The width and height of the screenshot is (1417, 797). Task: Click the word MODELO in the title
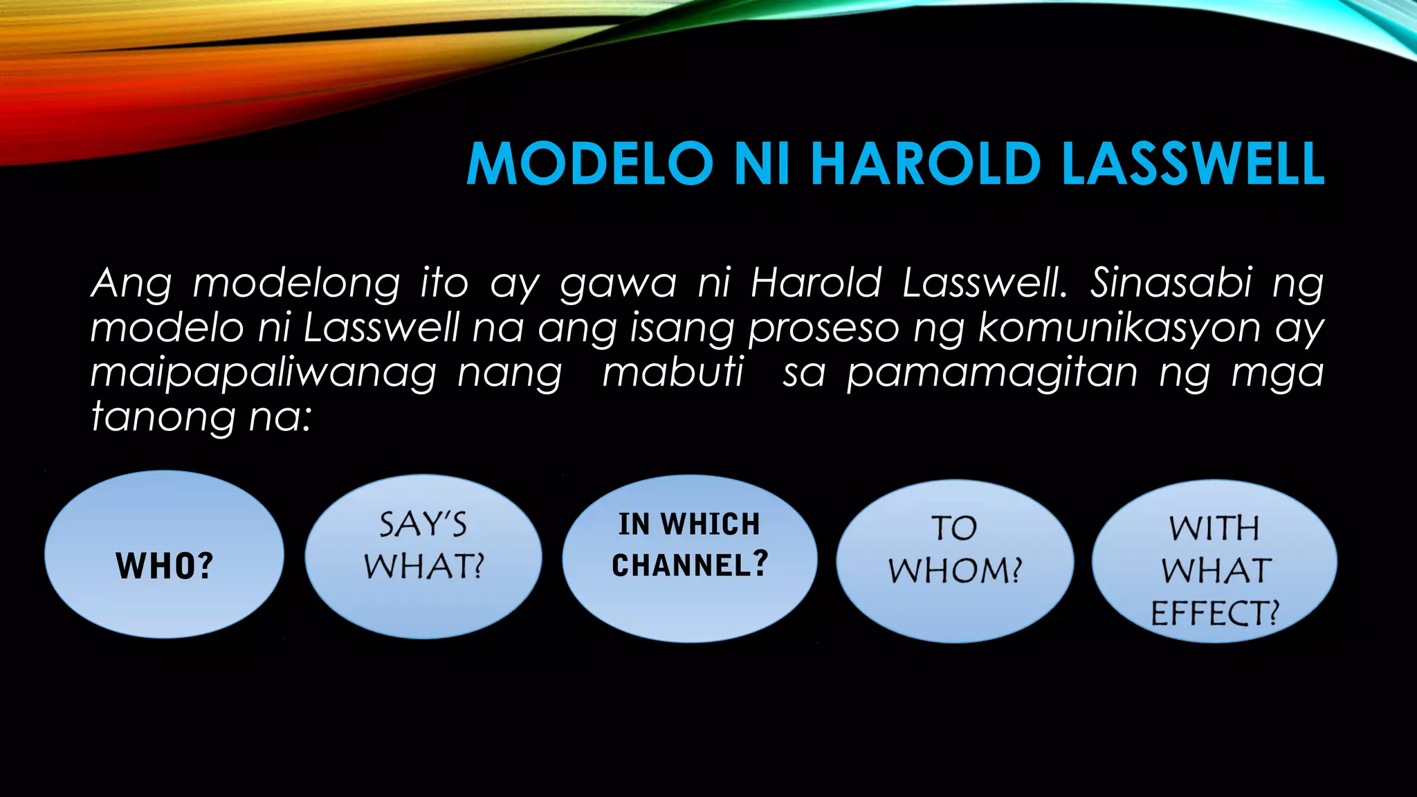[590, 164]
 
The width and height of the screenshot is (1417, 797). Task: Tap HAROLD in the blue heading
[926, 164]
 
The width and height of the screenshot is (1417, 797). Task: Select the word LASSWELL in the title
[1193, 164]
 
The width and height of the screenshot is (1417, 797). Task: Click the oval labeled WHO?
[164, 554]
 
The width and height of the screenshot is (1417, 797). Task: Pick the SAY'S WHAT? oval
[423, 556]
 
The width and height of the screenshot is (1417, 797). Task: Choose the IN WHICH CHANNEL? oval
[690, 558]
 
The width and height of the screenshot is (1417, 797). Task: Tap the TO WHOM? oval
[955, 561]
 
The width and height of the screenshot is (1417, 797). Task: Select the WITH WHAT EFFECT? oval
[1214, 561]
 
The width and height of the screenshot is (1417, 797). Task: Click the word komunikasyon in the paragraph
[1119, 328]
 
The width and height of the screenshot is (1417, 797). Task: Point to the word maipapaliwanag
[264, 374]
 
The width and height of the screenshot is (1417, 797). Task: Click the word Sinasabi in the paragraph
[1171, 283]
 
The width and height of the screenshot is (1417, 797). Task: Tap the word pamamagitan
[992, 374]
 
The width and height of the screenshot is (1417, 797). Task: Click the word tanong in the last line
[163, 418]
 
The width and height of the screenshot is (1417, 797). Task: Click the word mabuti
[673, 373]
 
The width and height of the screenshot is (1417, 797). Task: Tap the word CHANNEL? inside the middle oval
[690, 565]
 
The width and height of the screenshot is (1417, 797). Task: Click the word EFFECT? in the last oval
[1215, 613]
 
